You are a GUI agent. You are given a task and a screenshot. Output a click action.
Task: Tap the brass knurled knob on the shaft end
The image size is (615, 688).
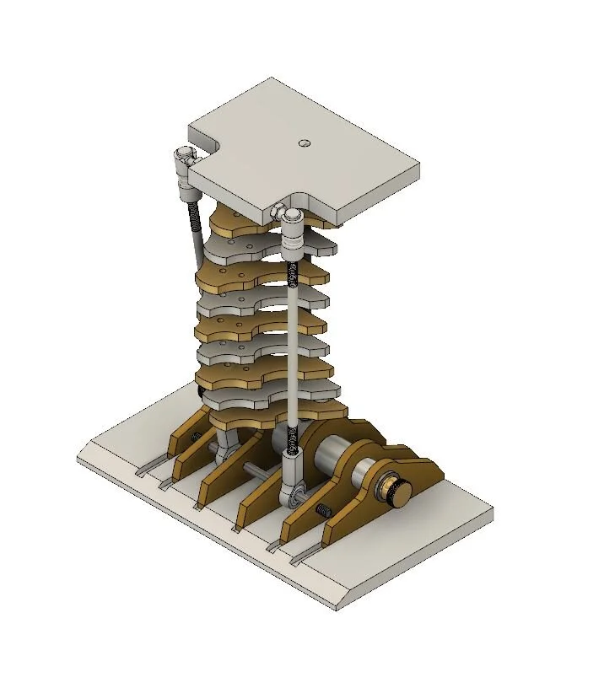pos(396,492)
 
